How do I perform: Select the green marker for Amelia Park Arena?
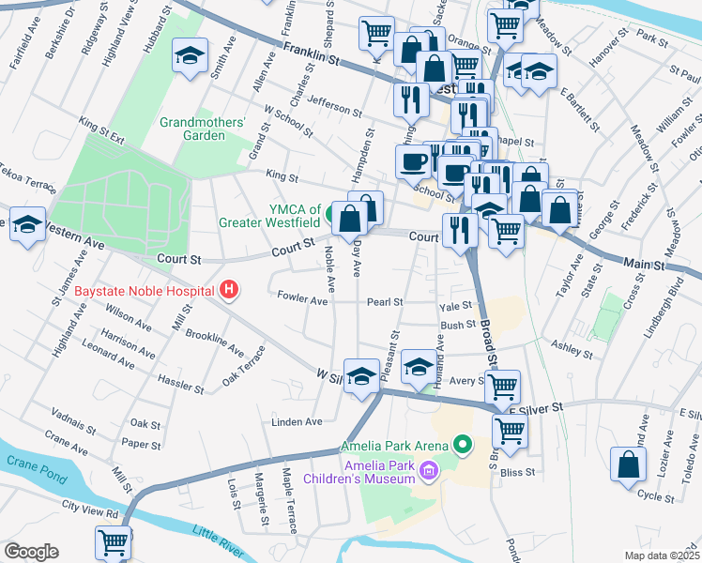point(462,444)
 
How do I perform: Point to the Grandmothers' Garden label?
point(203,129)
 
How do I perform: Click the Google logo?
point(31,552)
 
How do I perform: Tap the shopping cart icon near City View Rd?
point(113,541)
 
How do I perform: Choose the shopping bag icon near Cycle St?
point(628,463)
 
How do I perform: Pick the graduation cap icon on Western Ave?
point(28,225)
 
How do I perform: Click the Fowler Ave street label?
point(302,301)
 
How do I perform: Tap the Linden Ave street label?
point(297,422)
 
